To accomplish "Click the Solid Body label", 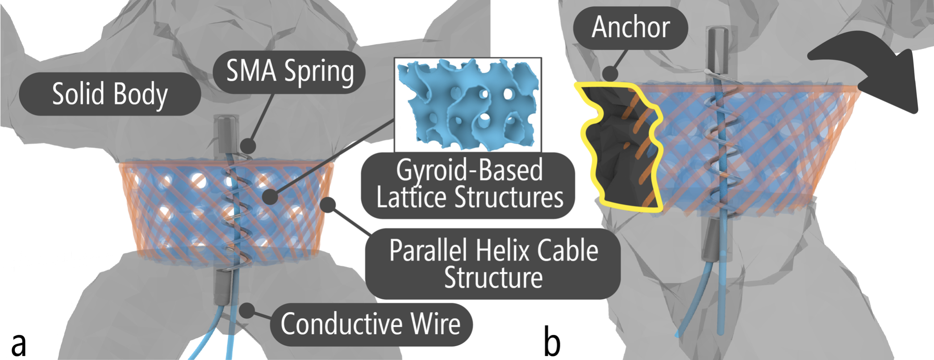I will tap(110, 94).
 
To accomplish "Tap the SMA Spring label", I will tap(289, 71).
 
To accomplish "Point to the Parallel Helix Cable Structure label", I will tap(493, 264).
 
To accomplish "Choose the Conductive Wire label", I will tap(371, 324).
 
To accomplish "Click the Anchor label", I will tap(630, 28).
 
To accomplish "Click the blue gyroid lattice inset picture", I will tap(467, 105).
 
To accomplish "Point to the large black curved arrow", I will tap(875, 76).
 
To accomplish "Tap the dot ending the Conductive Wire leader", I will tap(247, 310).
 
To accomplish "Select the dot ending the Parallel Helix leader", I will tap(328, 205).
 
